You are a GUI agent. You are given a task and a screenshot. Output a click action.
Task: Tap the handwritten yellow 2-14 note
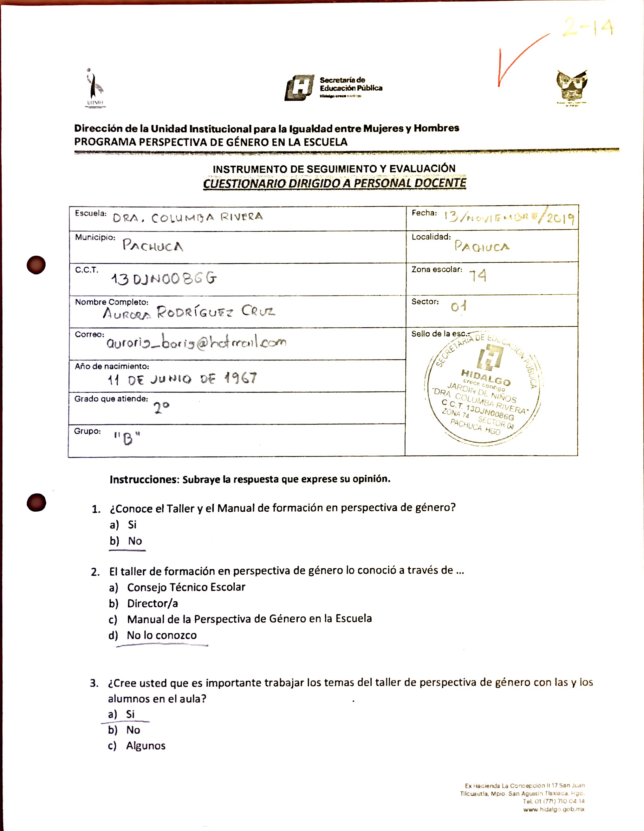(588, 27)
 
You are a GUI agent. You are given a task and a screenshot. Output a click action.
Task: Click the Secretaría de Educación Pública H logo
(300, 87)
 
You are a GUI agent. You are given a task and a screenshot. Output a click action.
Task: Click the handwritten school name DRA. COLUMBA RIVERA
(187, 218)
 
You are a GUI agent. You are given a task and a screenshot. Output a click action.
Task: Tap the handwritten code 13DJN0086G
(164, 279)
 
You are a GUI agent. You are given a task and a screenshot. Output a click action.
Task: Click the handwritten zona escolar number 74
(477, 276)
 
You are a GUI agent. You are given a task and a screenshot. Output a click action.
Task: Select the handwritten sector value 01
(459, 306)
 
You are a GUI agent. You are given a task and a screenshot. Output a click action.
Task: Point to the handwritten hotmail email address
(196, 342)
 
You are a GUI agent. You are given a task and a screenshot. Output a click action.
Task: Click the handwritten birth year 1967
(241, 378)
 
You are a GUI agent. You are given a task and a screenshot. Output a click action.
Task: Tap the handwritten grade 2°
(161, 408)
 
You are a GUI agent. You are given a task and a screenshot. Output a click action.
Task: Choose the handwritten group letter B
(127, 439)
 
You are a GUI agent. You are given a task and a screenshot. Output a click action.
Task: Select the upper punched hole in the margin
(36, 265)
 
